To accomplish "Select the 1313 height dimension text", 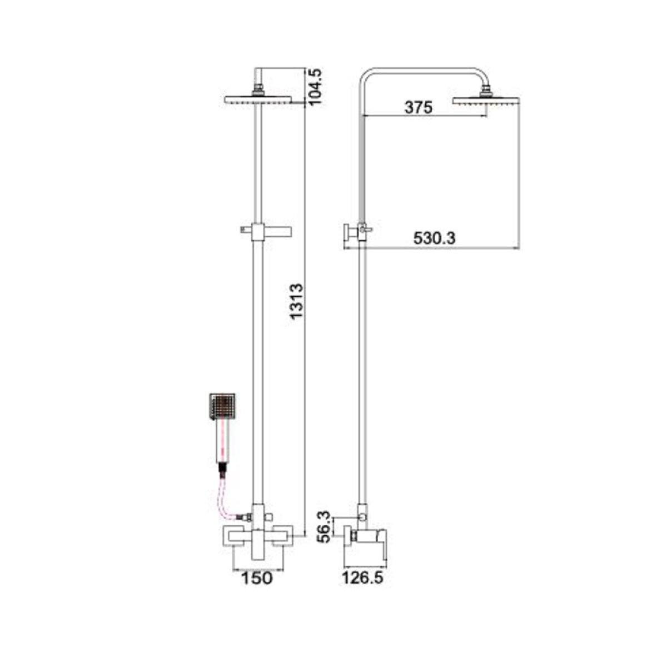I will coord(297,301).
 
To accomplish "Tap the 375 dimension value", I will coord(418,107).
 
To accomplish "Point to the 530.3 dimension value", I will coord(434,238).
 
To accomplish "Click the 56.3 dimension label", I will coord(325,526).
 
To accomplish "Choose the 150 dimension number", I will coord(257,578).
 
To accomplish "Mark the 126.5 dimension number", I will coord(363,578).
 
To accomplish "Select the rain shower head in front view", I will coord(258,100).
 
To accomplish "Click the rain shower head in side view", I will coord(485,101).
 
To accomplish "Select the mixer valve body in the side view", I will coord(367,537).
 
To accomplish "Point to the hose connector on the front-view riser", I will coord(243,517).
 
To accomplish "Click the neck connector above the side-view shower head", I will coord(487,89).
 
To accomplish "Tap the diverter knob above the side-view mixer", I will coord(362,517).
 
